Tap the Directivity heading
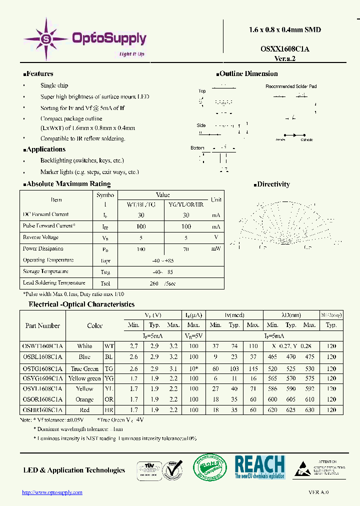click(x=273, y=184)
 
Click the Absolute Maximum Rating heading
click(x=68, y=184)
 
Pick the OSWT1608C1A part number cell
click(x=43, y=346)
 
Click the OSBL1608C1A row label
click(x=43, y=357)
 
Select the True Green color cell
click(x=84, y=368)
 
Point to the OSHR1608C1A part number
click(x=43, y=410)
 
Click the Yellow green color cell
click(x=84, y=378)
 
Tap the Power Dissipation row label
click(x=43, y=248)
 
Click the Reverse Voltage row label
click(x=40, y=237)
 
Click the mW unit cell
click(x=216, y=248)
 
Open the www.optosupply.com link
click(x=52, y=492)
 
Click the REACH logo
click(x=259, y=467)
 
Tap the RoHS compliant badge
click(x=209, y=467)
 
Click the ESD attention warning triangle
click(x=303, y=468)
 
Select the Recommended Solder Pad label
click(x=291, y=86)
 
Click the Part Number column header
click(x=43, y=325)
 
